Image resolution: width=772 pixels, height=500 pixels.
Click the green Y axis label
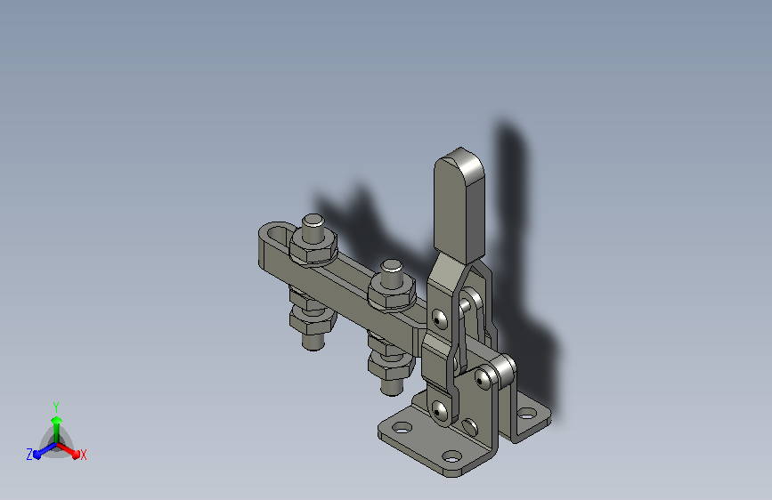(56, 407)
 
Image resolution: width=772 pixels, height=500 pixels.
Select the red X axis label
(83, 455)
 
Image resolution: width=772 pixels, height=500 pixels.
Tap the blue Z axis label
(29, 455)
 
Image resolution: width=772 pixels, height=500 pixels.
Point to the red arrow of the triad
(69, 450)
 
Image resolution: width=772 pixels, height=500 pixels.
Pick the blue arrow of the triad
(45, 450)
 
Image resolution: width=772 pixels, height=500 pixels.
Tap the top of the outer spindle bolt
(313, 219)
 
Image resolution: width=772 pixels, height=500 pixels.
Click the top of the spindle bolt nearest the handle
(392, 265)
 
